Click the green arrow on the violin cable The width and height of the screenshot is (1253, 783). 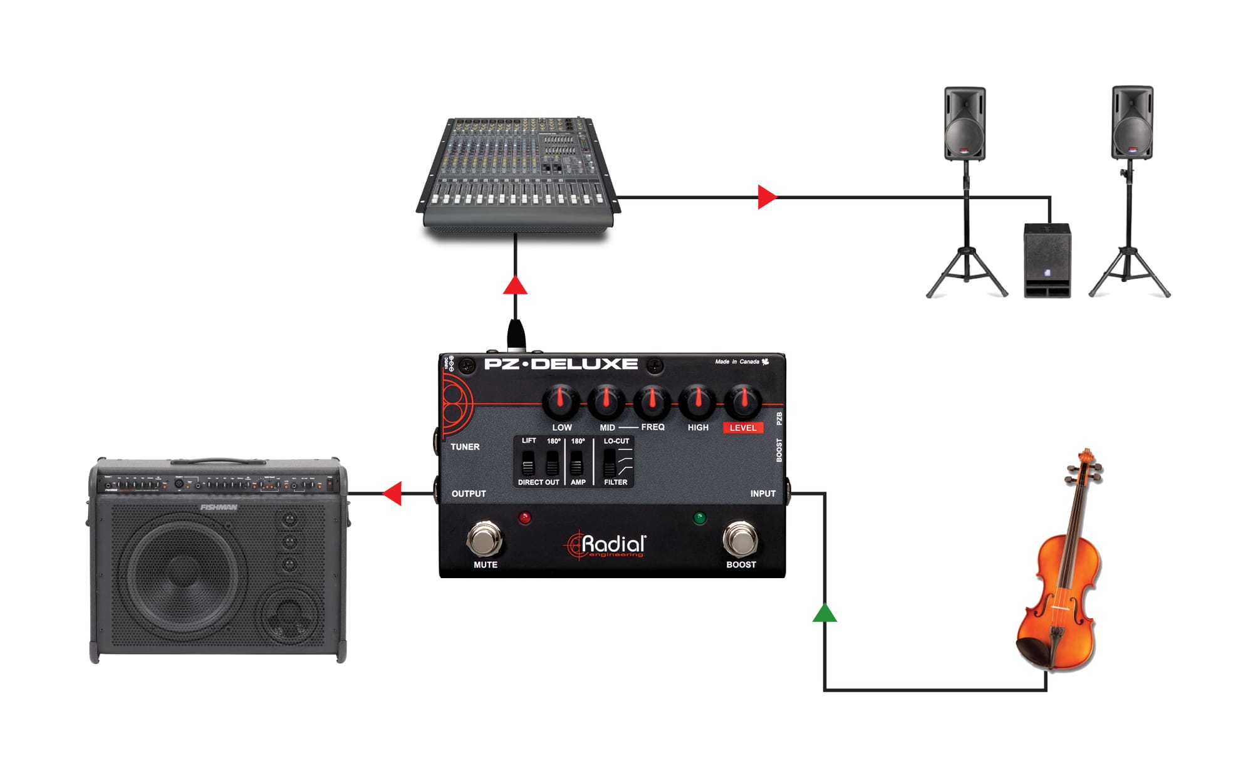point(824,613)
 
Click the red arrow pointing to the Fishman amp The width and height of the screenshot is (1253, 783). point(393,494)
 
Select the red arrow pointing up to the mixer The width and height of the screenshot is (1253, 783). point(515,286)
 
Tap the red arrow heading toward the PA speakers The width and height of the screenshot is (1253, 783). point(766,197)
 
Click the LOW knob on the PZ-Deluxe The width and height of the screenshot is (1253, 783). point(560,402)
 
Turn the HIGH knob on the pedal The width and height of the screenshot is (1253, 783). point(697,402)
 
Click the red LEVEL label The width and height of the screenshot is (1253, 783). point(742,428)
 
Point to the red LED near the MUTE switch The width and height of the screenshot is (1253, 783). point(525,517)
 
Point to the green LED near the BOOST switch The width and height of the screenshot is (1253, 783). point(700,517)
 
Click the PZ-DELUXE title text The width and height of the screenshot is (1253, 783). point(561,364)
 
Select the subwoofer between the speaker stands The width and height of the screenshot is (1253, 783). point(1047,260)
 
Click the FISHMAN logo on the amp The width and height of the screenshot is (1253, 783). point(219,507)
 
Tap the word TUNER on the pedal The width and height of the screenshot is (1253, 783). point(465,447)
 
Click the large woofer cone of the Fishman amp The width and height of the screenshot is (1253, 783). point(183,575)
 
